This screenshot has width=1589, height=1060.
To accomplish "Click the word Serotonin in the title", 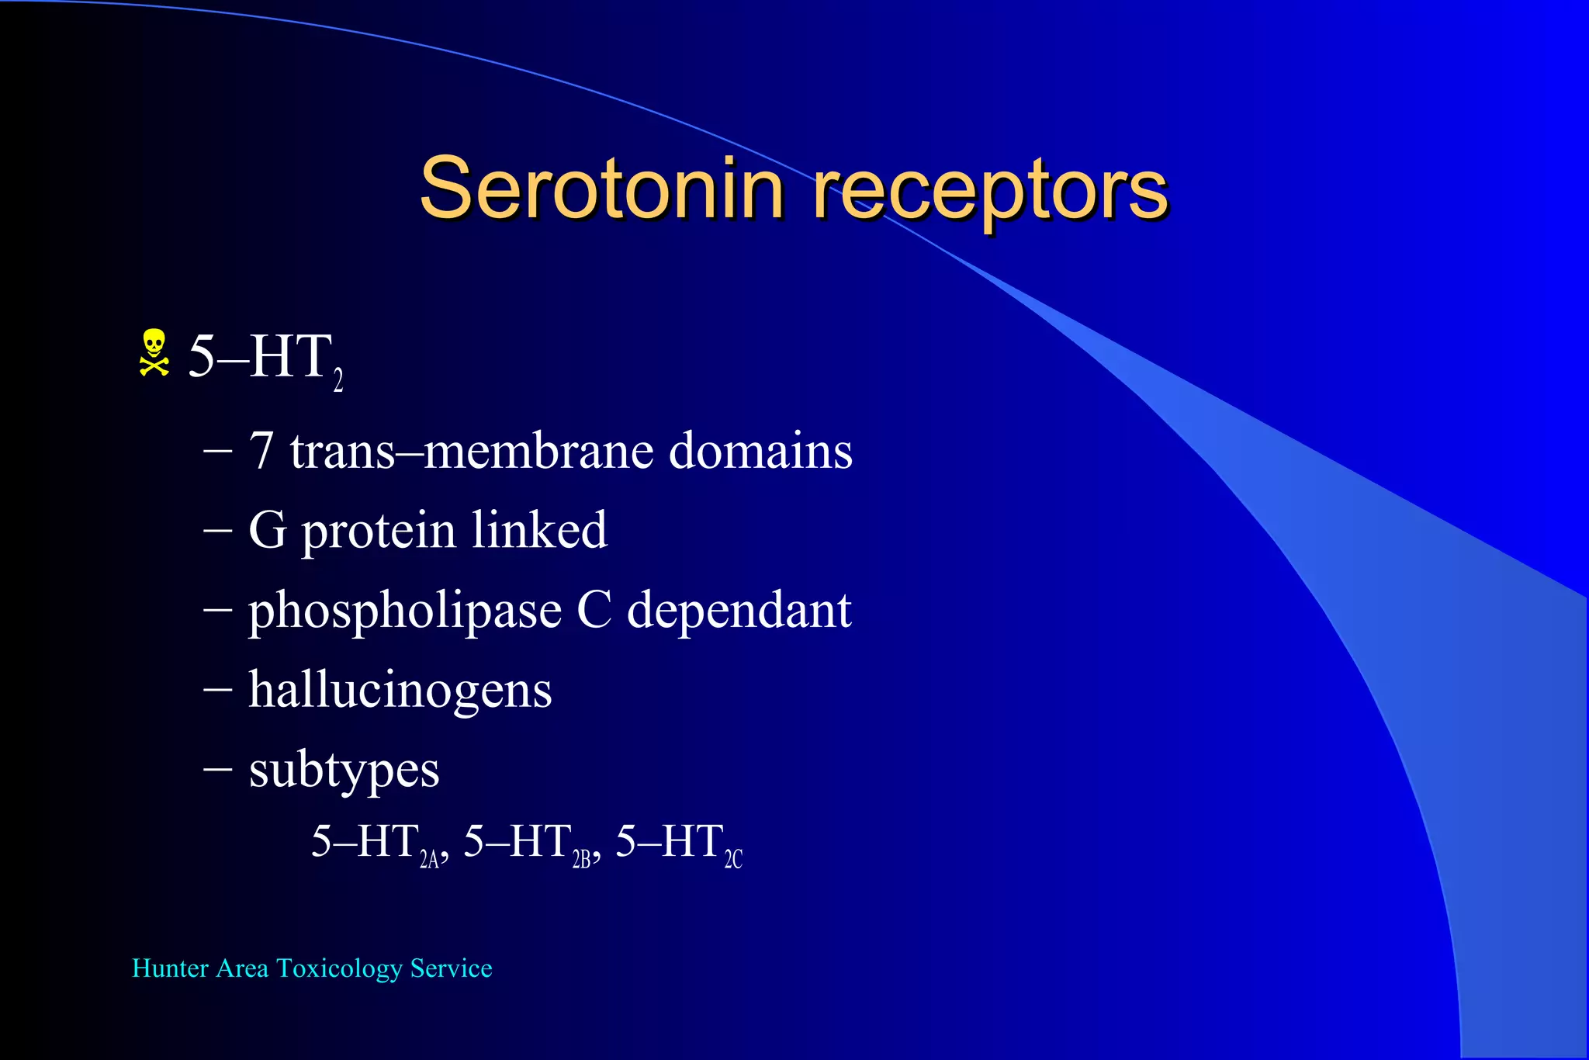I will [601, 189].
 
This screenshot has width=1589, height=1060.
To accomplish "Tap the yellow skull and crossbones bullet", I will [154, 353].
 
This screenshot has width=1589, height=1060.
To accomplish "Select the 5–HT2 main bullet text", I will [265, 359].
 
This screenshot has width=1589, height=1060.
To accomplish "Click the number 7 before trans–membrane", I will [261, 451].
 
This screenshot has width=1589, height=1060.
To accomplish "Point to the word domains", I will [760, 451].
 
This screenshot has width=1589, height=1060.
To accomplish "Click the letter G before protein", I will [267, 531].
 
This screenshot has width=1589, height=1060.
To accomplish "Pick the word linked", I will [539, 531].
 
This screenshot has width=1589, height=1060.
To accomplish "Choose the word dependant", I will [739, 611].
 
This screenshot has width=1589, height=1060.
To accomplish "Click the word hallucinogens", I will [400, 691].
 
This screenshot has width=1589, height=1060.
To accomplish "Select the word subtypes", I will [344, 771].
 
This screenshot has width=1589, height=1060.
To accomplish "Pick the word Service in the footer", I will [451, 968].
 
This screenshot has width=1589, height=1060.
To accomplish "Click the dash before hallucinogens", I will [217, 688].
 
